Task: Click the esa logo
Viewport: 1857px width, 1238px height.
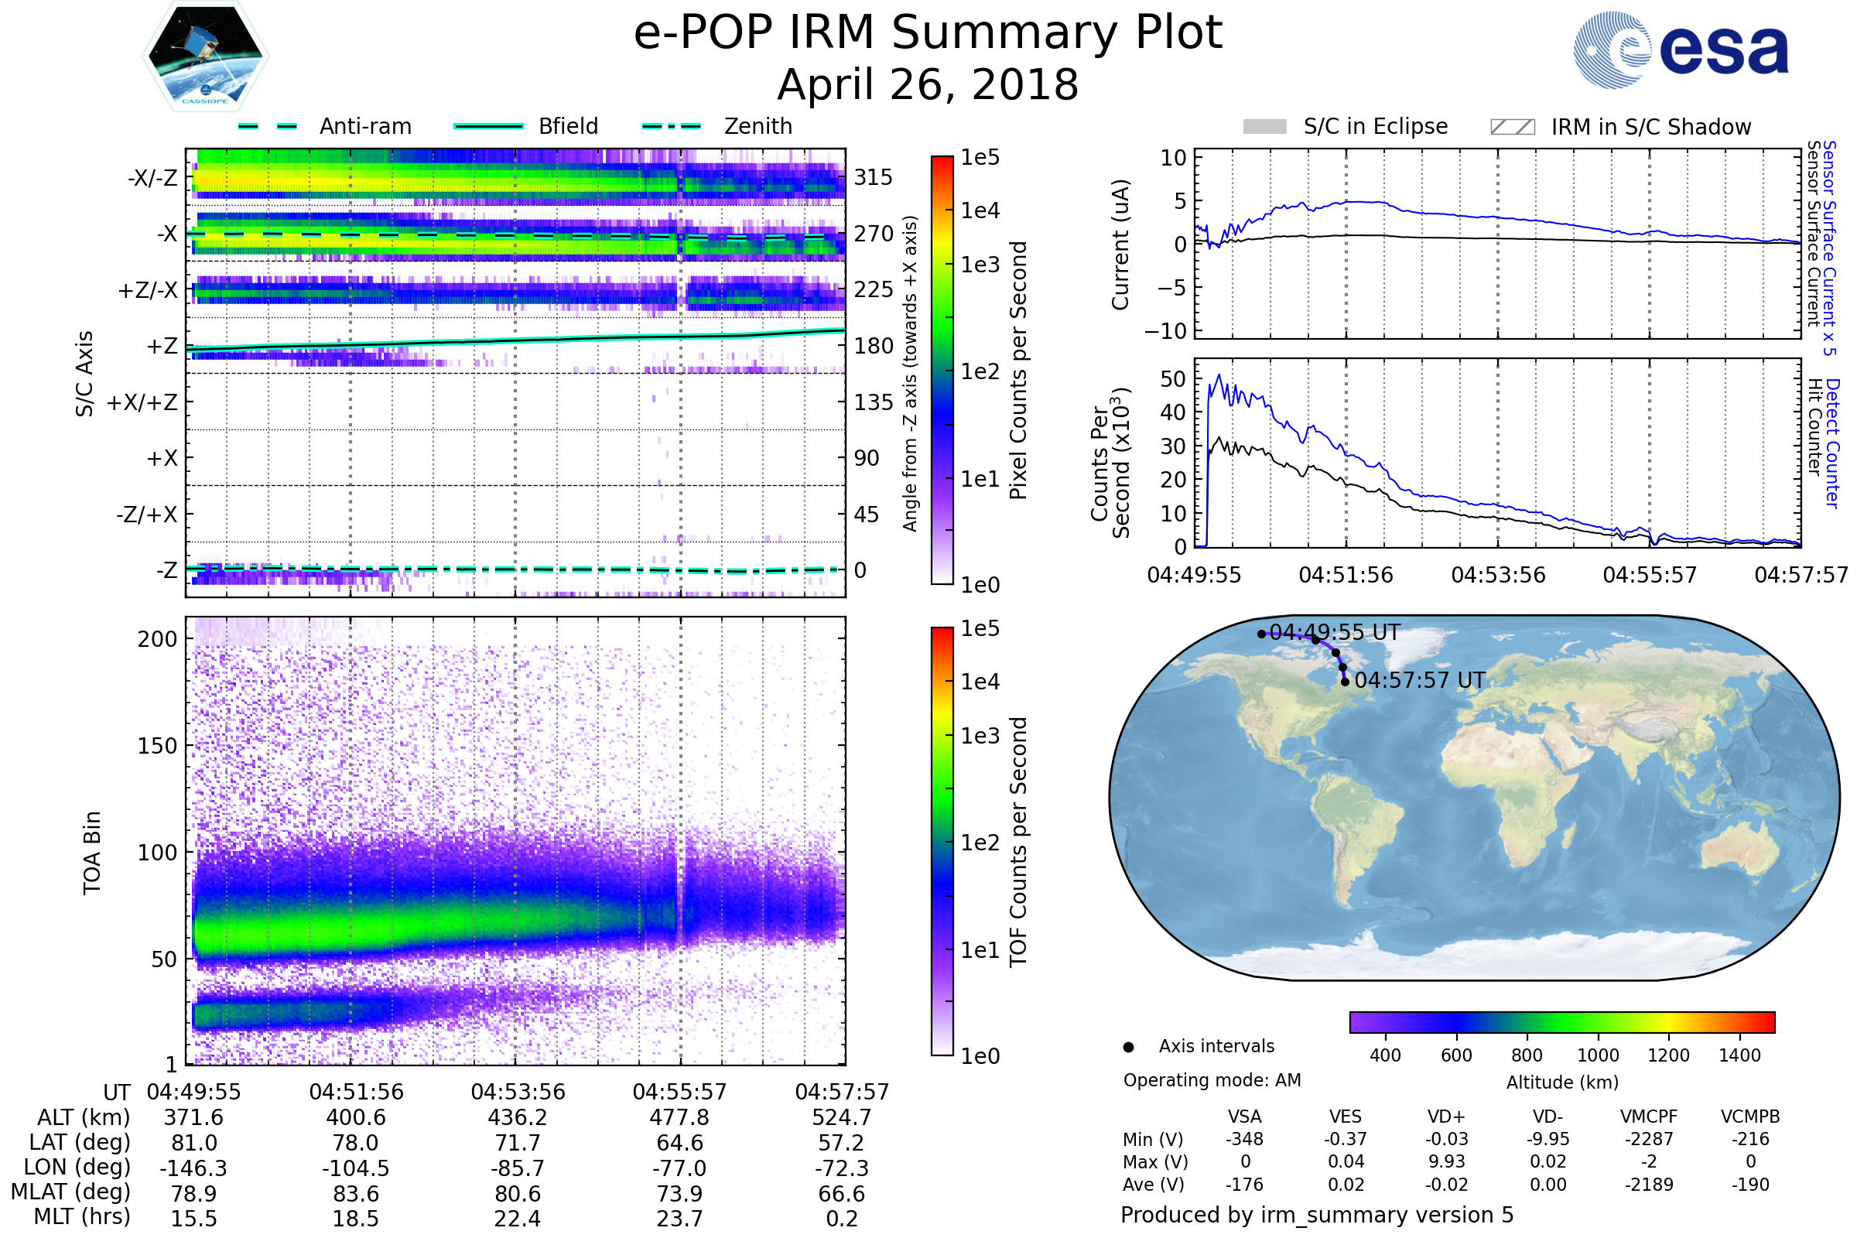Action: pos(1681,49)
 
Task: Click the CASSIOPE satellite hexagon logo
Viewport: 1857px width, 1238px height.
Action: pos(205,56)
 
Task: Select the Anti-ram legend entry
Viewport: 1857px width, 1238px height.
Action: pos(324,126)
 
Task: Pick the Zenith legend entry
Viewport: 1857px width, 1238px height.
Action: pos(717,126)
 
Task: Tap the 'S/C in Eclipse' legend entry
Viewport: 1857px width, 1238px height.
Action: pos(1346,126)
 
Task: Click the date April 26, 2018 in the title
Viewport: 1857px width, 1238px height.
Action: pos(928,84)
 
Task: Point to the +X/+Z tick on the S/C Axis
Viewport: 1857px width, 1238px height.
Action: pos(142,402)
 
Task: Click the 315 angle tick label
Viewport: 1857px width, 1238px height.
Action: pos(874,177)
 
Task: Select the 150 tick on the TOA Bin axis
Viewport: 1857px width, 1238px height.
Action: pos(157,746)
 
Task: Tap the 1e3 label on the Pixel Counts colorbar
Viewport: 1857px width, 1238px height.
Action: pos(980,265)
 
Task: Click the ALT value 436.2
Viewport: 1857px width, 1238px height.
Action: pos(518,1117)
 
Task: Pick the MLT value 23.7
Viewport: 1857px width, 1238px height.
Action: pos(680,1218)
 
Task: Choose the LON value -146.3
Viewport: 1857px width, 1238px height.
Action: pos(193,1168)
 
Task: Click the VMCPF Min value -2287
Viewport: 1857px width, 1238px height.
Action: pos(1649,1139)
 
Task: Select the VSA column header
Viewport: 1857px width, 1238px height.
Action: pos(1244,1117)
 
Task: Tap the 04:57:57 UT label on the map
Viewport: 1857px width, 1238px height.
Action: pos(1420,680)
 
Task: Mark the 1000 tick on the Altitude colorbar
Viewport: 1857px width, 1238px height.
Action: pos(1598,1055)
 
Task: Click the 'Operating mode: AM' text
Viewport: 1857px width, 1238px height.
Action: pos(1212,1080)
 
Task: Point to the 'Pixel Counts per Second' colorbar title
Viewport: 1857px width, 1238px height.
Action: pos(1018,371)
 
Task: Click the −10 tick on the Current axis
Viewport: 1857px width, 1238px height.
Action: pos(1165,331)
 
